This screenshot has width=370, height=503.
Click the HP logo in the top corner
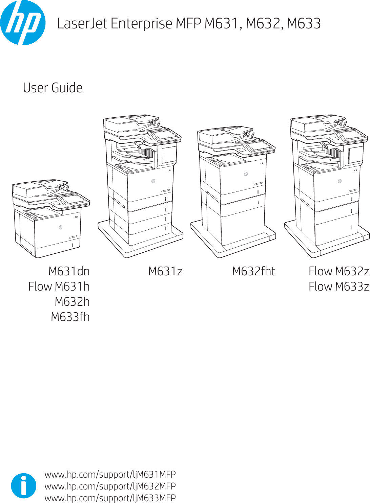coord(23,23)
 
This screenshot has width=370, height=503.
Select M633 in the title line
coord(304,24)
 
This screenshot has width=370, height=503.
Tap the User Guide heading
coord(53,88)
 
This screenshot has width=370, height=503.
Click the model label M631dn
coord(69,271)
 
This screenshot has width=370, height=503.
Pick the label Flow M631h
coord(59,287)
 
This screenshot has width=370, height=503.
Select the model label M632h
coord(72,302)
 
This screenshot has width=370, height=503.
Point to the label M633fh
coord(70,317)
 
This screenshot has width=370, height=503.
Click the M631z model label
coord(165,271)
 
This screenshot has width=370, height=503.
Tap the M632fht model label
coord(253,271)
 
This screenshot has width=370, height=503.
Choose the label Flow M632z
coord(338,271)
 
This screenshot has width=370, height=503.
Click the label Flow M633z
coord(338,287)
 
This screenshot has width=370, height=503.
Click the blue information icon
coord(23,486)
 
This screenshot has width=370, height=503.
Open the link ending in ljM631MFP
coord(110,474)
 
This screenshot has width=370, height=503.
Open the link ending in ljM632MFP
coord(110,486)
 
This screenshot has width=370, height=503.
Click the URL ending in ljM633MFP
coord(110,498)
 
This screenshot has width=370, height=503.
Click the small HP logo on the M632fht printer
coord(246,174)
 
